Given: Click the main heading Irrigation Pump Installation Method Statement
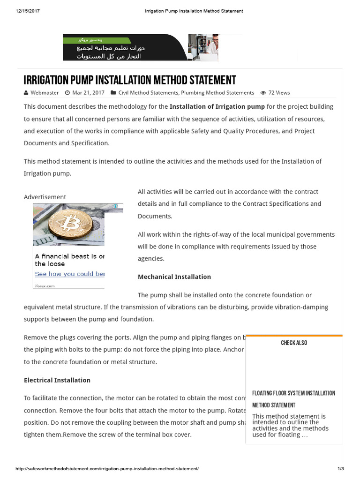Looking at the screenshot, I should pos(130,80).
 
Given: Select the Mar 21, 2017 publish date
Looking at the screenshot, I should pos(88,93).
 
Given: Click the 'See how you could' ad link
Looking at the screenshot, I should pos(69,274).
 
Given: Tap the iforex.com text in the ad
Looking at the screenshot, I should pos(45,285).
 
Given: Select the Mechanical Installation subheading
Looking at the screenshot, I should pos(174,277).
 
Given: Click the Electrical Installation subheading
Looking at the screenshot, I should pos(57,380).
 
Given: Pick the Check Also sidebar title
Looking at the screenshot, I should pos(294,343).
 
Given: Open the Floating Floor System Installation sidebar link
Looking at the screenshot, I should pos(293,393).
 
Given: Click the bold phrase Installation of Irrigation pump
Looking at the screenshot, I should pos(217,106).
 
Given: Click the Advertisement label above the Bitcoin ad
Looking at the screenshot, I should pos(45,197).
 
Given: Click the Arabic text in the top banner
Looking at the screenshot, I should pos(109,52).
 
